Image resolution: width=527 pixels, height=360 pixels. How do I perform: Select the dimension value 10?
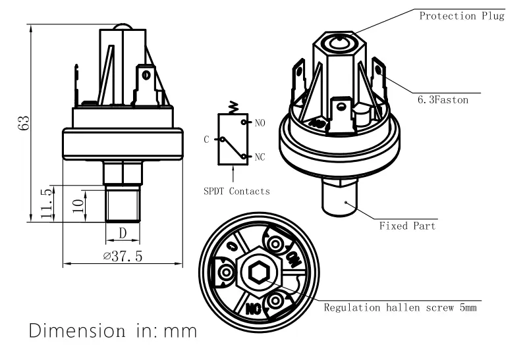point(78,205)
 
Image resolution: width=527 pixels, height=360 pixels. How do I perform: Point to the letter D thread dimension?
point(123,234)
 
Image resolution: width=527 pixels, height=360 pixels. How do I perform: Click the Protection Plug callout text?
point(462,16)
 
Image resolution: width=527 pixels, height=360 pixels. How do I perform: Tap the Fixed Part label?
point(407,226)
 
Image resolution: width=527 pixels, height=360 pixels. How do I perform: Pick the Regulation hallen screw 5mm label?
point(400,307)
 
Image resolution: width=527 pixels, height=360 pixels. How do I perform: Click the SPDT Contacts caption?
point(236,192)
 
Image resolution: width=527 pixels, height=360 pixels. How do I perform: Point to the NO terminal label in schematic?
point(260,123)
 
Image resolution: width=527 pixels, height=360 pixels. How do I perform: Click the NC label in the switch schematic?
point(260,157)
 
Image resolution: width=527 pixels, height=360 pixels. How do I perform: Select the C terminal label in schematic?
point(207,139)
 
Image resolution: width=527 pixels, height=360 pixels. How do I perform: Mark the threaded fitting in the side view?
point(123,204)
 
